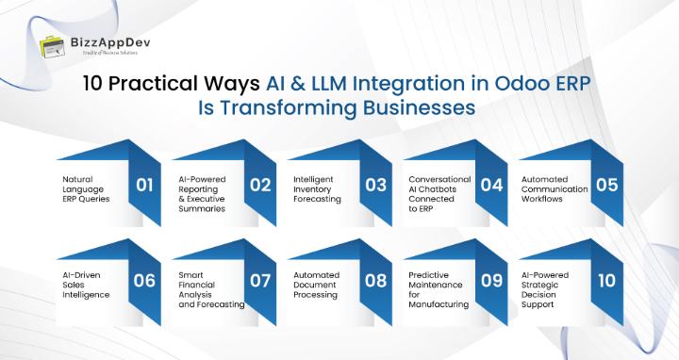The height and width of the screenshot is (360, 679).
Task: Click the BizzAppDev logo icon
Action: coord(51,47)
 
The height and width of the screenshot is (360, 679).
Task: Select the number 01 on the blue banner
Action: coord(144,185)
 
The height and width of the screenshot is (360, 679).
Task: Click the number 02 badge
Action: coord(260,185)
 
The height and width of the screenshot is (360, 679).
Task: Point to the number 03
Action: coord(375,185)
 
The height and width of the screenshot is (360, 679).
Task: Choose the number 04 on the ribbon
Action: coord(491,185)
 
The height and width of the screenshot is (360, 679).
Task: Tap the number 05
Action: coord(606,185)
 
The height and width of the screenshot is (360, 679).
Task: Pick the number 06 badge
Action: coord(144,280)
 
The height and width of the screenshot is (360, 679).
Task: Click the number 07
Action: coord(260,280)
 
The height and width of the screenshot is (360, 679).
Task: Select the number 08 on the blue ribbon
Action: coord(375,280)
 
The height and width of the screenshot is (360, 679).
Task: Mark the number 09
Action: coord(491,280)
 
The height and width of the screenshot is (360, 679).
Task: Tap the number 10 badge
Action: coord(606,280)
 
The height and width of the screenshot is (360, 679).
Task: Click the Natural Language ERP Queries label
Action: coord(85,188)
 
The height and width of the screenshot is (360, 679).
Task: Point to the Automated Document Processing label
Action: coord(316,285)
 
